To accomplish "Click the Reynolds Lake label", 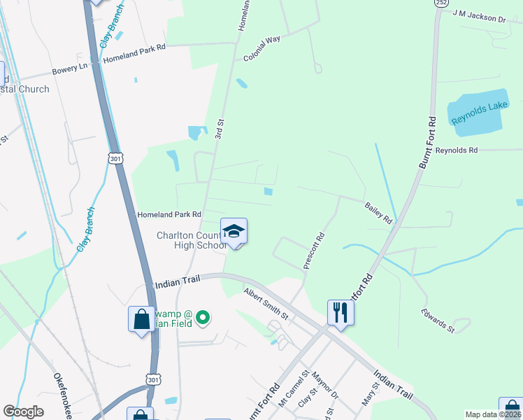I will coord(478,112).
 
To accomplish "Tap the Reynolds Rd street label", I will coord(456,150).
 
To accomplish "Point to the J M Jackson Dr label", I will coord(479,16).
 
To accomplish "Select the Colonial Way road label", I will coord(261,49).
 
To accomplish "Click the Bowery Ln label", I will coord(70,69).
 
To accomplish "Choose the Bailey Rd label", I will coord(378,212).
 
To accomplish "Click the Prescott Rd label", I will coord(314,251).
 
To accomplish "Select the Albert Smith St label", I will coord(266,303).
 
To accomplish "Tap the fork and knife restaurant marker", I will coord(341,311).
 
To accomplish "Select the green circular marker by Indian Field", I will coord(203,318).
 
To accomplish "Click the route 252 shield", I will coord(440,3).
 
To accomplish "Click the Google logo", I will coord(23,412).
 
